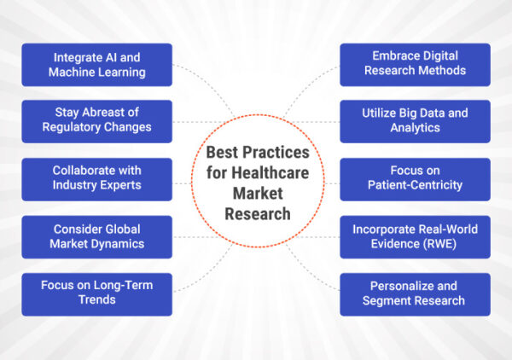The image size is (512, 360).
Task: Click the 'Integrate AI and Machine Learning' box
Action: click(96, 65)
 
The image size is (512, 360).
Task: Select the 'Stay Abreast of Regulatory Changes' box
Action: click(96, 120)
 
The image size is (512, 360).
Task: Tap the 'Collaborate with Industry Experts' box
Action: click(96, 177)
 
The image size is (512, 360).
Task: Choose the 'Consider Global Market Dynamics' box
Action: click(96, 236)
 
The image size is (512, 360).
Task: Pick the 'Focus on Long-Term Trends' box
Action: click(96, 293)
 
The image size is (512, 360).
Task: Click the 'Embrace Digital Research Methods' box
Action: click(415, 65)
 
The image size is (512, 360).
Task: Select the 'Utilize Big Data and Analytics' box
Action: click(415, 120)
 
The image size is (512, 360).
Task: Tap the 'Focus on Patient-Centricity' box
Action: click(415, 177)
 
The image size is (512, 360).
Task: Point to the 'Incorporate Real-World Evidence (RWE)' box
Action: click(415, 236)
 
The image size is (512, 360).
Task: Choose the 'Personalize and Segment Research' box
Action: click(415, 293)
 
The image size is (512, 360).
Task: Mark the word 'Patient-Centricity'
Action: click(415, 185)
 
